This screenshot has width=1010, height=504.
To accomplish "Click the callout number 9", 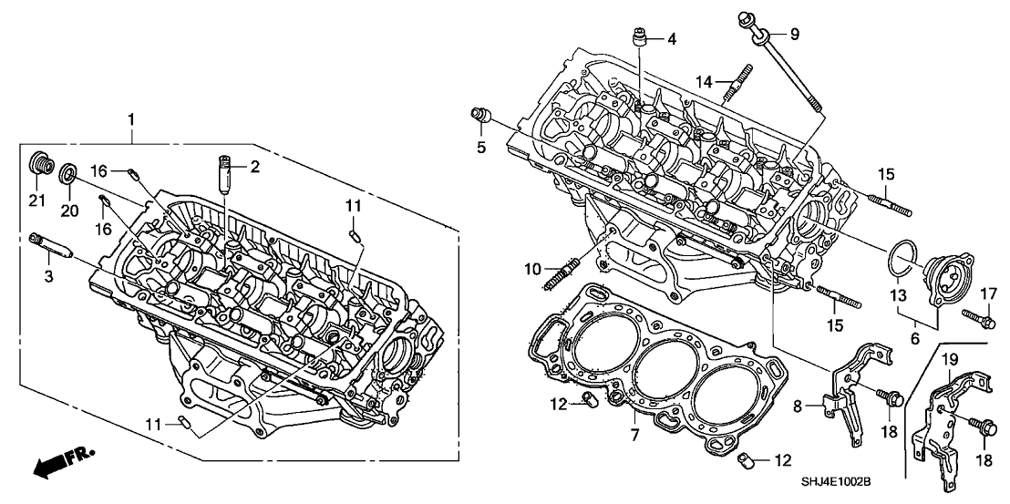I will [794, 35].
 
